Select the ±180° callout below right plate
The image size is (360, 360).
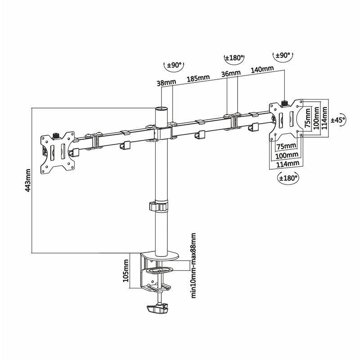287,178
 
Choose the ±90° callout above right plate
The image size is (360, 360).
283,56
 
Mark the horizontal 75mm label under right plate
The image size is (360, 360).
286,146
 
